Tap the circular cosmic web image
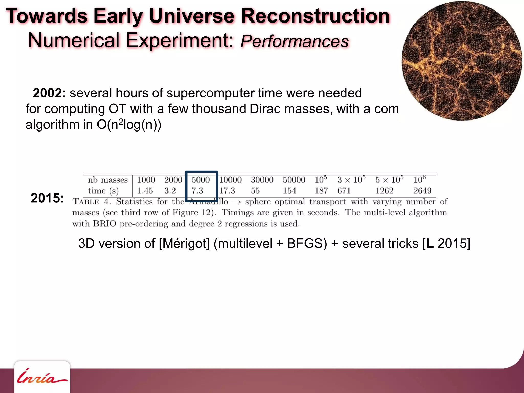(x=462, y=60)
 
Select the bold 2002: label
(x=49, y=93)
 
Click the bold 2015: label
(x=47, y=198)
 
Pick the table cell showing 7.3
(x=197, y=191)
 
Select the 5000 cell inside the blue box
(x=201, y=180)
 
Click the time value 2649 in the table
(x=422, y=191)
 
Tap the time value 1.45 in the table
(x=145, y=191)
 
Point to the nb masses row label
(x=108, y=180)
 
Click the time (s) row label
(x=103, y=191)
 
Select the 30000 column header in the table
(x=262, y=180)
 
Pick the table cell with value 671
(x=344, y=191)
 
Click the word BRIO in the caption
(x=105, y=224)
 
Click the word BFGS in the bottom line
(x=307, y=243)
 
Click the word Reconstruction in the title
(x=315, y=16)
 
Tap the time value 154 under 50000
(x=289, y=191)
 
